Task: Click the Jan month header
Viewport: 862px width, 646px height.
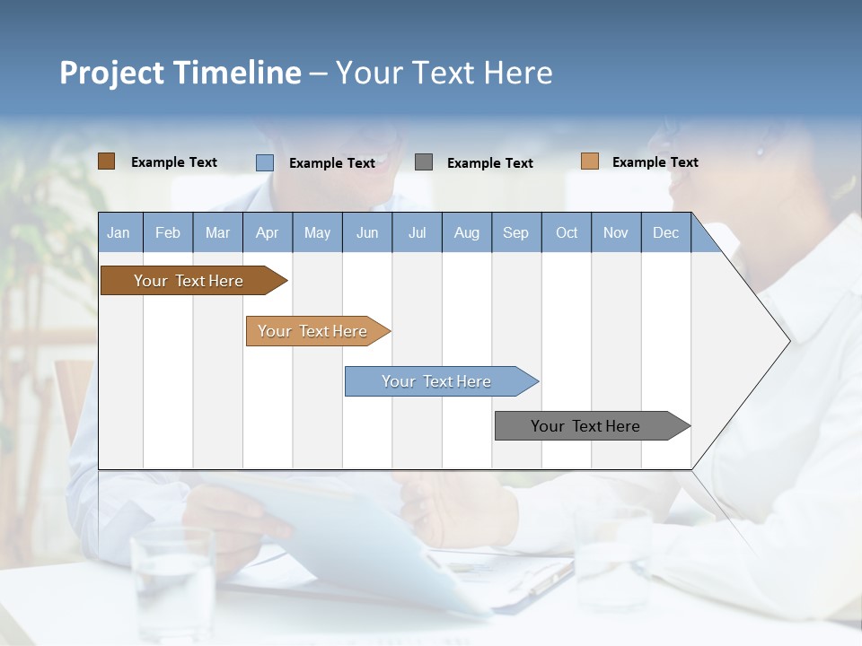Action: pos(119,232)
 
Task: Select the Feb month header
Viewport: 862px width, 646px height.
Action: pos(168,232)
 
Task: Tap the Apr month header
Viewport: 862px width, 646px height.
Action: pos(267,232)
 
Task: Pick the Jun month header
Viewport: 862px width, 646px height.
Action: pos(367,232)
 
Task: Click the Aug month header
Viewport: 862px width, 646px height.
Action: pos(466,232)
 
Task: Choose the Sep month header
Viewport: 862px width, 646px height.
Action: pos(515,232)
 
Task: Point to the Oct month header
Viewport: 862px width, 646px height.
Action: pos(567,232)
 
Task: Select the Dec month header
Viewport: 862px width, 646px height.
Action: pos(665,232)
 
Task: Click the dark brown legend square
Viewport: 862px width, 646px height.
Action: pos(106,161)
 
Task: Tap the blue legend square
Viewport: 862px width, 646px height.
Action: pos(265,162)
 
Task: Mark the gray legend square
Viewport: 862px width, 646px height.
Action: pos(424,161)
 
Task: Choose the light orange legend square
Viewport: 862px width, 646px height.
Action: pos(589,161)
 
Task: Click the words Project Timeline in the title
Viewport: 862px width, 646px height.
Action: pos(180,73)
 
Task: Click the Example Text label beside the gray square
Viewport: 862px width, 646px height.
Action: pos(489,162)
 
